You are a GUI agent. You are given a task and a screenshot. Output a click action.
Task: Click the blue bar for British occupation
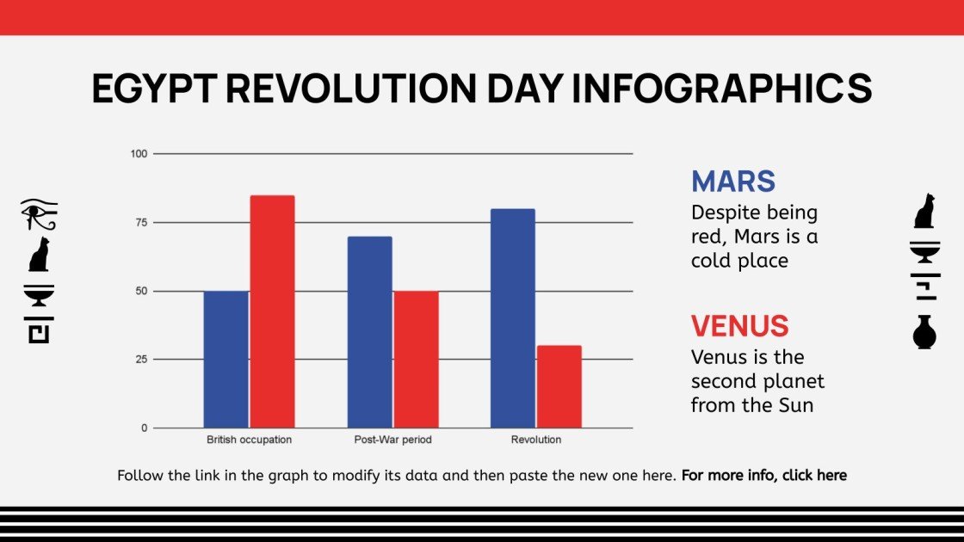(x=226, y=360)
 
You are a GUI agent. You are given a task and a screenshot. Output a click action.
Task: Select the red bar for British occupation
(x=272, y=311)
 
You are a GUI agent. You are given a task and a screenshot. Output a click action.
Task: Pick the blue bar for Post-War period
(x=369, y=332)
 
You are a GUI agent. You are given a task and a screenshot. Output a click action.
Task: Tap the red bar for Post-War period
(x=416, y=360)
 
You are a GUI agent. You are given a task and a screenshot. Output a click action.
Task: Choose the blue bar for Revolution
(x=513, y=318)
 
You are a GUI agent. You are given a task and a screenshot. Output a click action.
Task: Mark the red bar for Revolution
(x=559, y=386)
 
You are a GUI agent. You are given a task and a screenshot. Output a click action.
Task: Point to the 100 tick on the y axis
(x=139, y=154)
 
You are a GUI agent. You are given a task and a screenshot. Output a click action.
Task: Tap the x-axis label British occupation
(x=249, y=440)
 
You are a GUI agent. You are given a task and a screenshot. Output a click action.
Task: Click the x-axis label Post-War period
(x=392, y=440)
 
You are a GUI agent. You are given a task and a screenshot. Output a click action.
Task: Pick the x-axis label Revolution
(x=535, y=440)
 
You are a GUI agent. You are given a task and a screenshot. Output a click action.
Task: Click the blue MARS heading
(x=733, y=182)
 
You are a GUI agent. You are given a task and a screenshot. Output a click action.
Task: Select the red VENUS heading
(x=739, y=326)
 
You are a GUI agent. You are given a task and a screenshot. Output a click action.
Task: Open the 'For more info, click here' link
(x=763, y=475)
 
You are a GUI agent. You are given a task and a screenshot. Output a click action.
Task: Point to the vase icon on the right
(x=924, y=332)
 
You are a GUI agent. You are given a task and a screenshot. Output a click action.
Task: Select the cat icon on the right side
(x=924, y=212)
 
